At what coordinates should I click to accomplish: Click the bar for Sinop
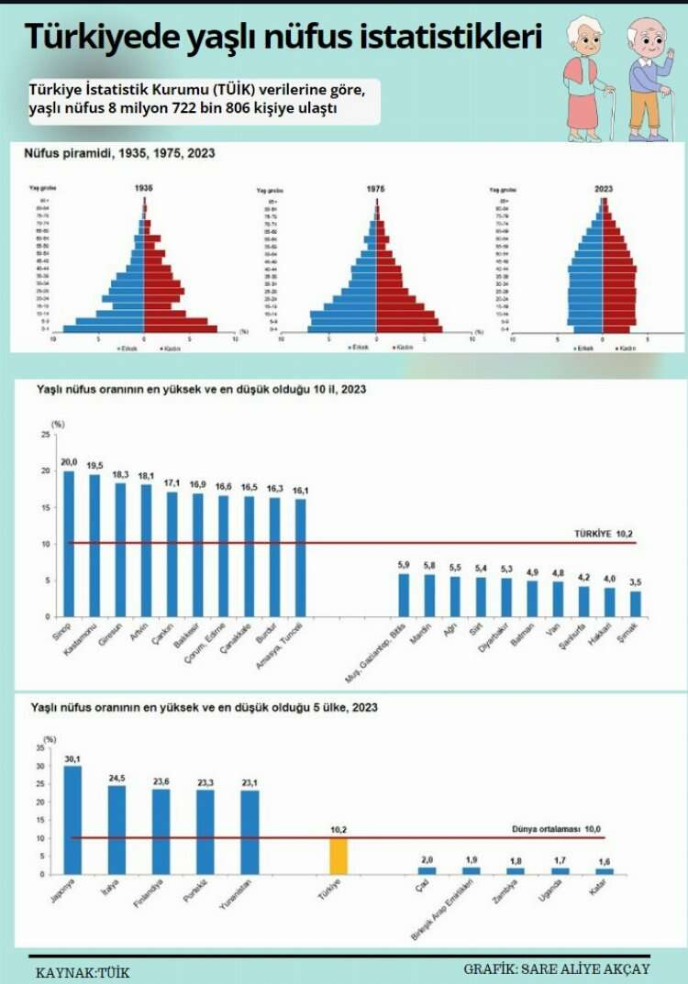(69, 543)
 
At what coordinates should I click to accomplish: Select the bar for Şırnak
(636, 603)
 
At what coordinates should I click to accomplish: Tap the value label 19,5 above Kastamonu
(94, 465)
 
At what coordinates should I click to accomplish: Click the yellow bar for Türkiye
(338, 856)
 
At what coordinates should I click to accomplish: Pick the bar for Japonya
(72, 819)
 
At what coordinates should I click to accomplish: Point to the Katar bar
(604, 870)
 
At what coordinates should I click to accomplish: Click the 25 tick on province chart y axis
(45, 435)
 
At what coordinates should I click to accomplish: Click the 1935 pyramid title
(143, 188)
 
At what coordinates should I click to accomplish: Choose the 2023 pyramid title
(603, 189)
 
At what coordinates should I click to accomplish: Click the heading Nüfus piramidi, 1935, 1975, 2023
(119, 153)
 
